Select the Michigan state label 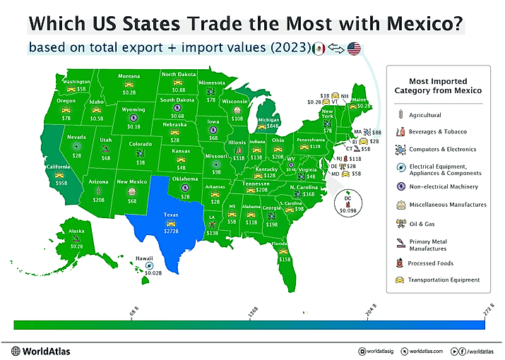coord(269,120)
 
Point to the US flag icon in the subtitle coord(354,49)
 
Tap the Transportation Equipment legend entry coord(443,280)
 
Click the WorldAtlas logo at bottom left coord(40,351)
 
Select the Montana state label coord(129,76)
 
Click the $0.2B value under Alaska coord(76,246)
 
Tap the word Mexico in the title coord(420,23)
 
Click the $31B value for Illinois coord(239,158)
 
